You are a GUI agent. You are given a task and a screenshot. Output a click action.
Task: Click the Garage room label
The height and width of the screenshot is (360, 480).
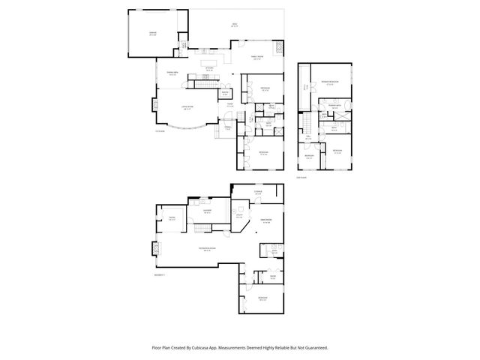152,34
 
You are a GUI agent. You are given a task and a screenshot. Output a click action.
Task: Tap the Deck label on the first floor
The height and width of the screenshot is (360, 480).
234,25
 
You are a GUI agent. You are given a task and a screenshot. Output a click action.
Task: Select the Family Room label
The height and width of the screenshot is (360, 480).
256,57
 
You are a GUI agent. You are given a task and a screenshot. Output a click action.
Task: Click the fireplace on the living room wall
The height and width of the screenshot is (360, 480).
155,105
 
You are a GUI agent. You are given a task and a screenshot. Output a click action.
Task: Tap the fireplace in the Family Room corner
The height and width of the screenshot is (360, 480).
280,46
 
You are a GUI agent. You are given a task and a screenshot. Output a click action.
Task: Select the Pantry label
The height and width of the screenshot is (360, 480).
225,94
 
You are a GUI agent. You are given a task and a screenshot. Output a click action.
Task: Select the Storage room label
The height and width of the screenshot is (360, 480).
257,193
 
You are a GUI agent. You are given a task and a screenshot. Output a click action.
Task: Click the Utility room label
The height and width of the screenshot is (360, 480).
240,216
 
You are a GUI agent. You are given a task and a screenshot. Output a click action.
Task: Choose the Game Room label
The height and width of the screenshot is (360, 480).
265,220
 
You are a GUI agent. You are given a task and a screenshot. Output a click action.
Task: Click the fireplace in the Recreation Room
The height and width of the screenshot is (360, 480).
155,248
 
